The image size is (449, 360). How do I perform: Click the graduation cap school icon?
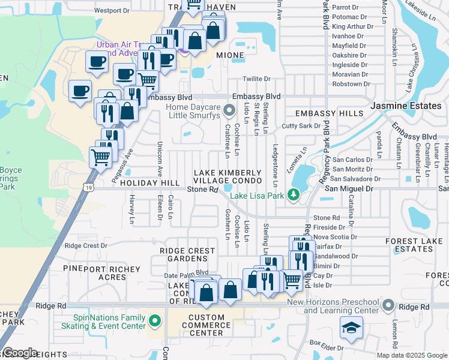[351, 328]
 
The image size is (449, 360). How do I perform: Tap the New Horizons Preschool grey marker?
[388, 306]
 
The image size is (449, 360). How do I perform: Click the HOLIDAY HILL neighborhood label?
[149, 182]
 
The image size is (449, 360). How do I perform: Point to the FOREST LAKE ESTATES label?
[410, 245]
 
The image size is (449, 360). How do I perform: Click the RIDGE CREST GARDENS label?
[187, 254]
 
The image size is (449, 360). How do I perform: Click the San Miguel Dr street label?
[349, 188]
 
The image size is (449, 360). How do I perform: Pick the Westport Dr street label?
[112, 10]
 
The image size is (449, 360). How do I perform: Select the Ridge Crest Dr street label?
[85, 245]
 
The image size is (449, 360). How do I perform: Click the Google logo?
[20, 353]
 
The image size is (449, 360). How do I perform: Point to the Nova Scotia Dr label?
[335, 236]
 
